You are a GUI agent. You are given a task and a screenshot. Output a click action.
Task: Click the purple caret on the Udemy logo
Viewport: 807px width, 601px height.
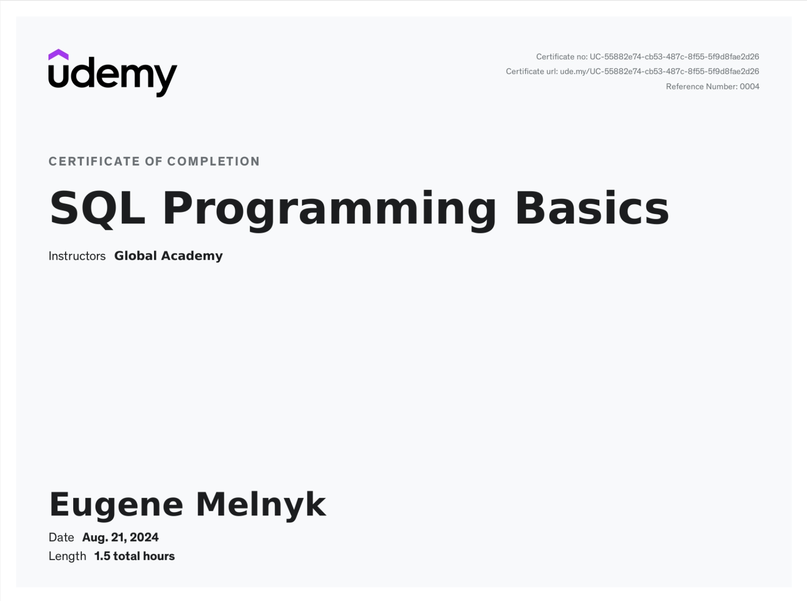tap(58, 54)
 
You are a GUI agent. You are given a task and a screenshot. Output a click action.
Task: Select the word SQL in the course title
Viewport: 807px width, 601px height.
tap(97, 208)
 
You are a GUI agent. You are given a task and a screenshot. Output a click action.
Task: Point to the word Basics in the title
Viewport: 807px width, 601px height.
tap(592, 208)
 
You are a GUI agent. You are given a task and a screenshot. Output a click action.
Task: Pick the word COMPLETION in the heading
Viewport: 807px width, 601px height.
tap(213, 162)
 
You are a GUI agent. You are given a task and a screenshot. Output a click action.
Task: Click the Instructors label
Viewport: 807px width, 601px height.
tap(77, 256)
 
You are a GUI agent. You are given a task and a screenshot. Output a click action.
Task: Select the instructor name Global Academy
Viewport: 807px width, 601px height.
tap(168, 256)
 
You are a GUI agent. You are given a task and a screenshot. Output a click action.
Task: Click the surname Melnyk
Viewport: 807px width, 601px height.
tap(261, 505)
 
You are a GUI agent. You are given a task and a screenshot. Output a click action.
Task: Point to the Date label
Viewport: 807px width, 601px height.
tap(61, 537)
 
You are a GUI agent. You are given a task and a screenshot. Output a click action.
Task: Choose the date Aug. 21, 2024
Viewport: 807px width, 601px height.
tap(120, 537)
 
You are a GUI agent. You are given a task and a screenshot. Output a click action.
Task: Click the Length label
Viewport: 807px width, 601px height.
tap(67, 556)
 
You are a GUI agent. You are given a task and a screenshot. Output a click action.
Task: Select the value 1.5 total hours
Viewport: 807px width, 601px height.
tap(134, 556)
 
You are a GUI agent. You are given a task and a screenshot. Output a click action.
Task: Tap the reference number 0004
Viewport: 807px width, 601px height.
tap(749, 87)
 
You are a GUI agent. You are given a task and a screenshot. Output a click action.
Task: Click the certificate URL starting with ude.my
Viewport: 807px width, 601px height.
tap(660, 71)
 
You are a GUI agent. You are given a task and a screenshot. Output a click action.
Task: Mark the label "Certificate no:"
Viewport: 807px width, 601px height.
tap(562, 57)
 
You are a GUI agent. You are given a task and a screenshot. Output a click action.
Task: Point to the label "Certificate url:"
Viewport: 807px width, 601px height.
tap(532, 71)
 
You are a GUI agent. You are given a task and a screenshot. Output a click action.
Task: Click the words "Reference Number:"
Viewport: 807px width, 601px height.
tap(701, 87)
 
